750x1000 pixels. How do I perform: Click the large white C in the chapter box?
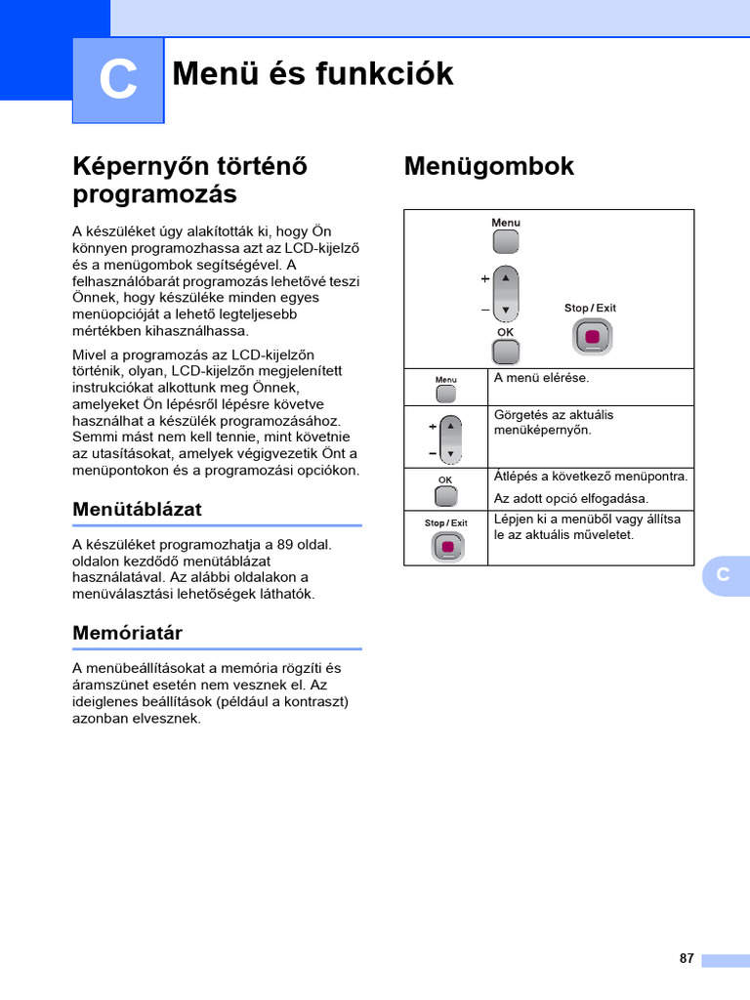(x=118, y=80)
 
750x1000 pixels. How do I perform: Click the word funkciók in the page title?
(x=383, y=73)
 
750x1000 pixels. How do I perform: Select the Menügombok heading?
(x=488, y=167)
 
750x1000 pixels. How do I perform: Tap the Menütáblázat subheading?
(x=137, y=510)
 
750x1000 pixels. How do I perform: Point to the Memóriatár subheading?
(x=127, y=633)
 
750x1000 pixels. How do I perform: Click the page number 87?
(x=687, y=958)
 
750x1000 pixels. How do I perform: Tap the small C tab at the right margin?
(x=723, y=575)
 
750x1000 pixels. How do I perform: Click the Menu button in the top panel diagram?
(x=506, y=241)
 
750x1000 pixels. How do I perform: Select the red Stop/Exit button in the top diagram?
(x=592, y=337)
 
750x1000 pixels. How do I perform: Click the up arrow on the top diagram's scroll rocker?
(x=506, y=277)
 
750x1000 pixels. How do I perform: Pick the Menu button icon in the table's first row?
(x=445, y=394)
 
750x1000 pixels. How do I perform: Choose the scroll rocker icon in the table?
(x=449, y=439)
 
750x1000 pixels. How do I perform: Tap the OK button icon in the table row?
(x=445, y=495)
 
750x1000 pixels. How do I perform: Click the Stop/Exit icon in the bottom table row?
(x=446, y=547)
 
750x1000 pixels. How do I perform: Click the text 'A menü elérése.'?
(x=541, y=378)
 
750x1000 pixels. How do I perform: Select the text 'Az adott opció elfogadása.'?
(x=570, y=499)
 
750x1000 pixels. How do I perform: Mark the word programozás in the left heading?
(x=154, y=194)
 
